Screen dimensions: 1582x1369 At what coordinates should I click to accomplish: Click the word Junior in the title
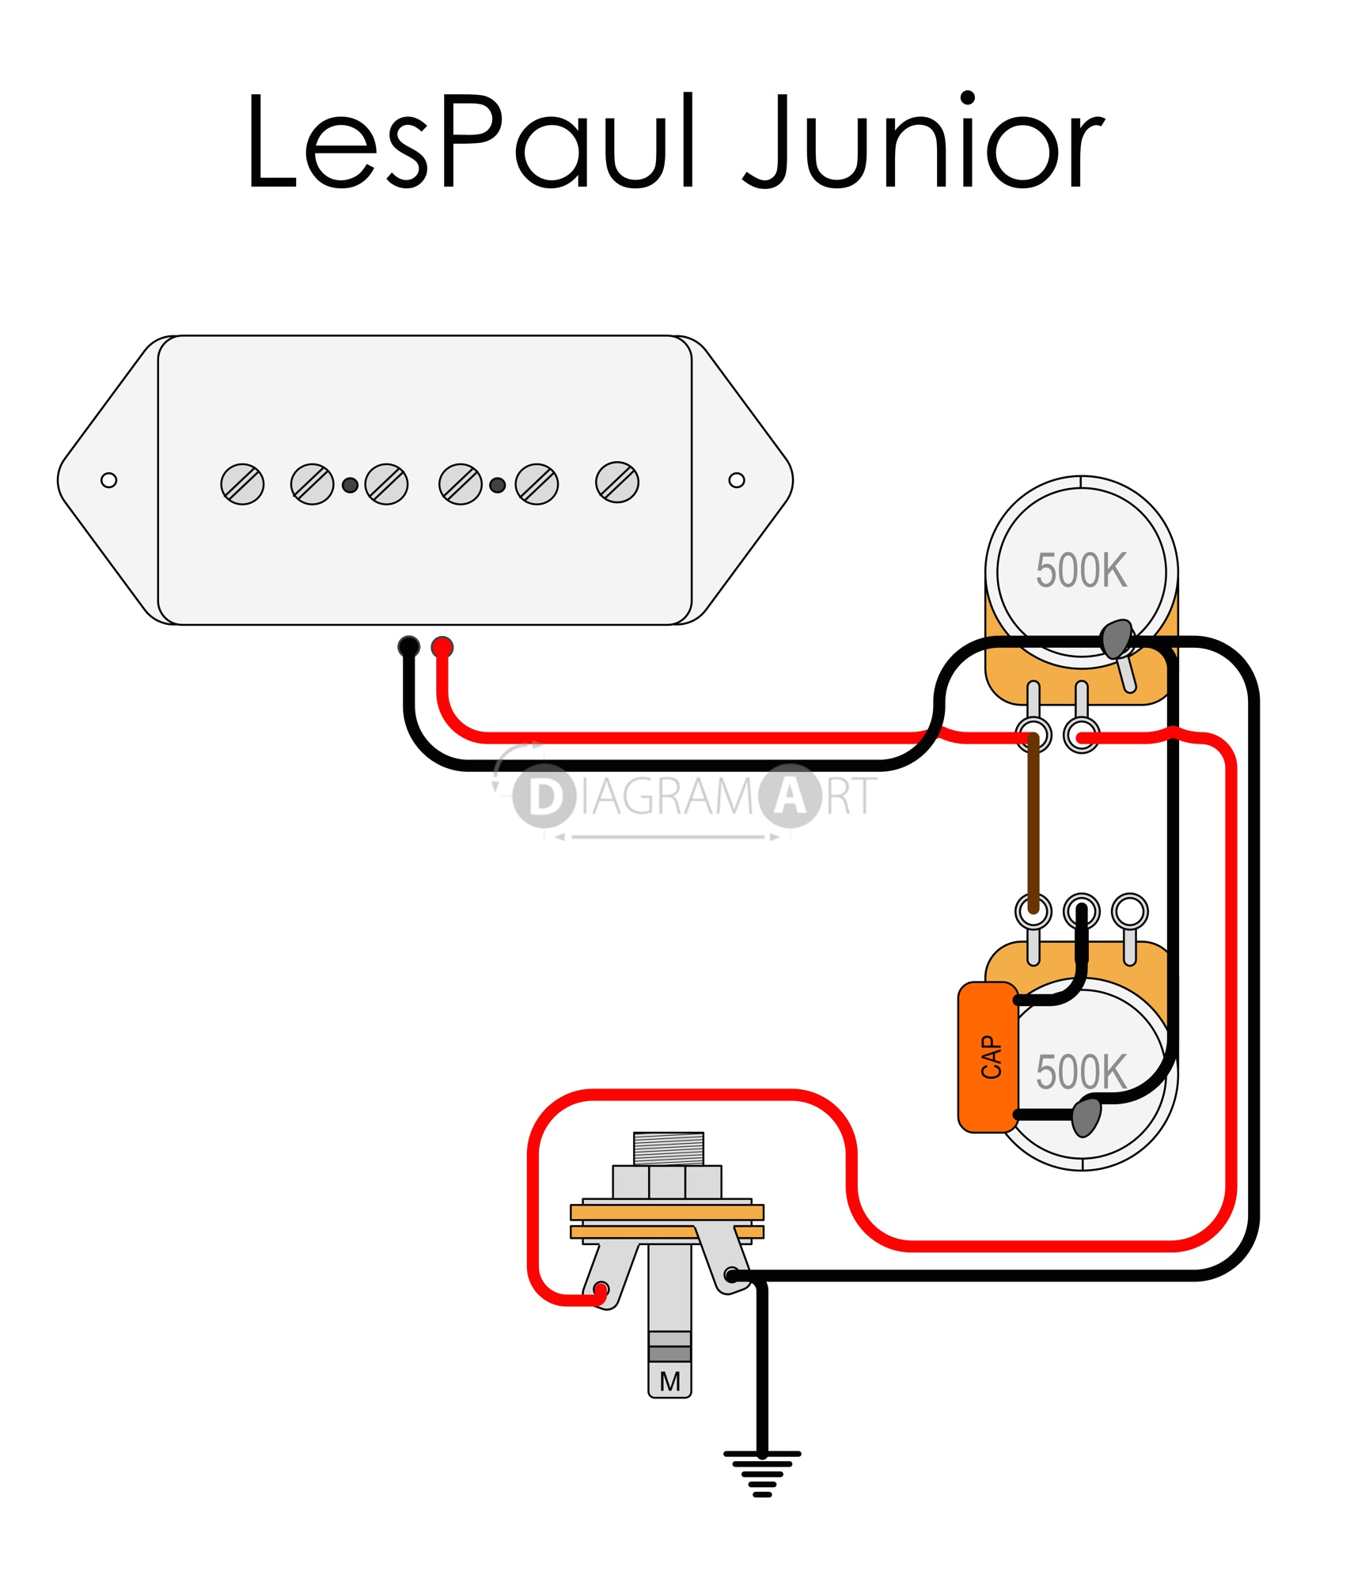coord(922,142)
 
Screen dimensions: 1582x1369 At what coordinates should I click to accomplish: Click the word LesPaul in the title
coord(471,142)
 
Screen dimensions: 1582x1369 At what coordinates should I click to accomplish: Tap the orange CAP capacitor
coord(988,1058)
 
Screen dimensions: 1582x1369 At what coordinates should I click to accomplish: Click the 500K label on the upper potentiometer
coord(1081,570)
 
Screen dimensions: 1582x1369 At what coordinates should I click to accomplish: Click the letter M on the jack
coord(669,1381)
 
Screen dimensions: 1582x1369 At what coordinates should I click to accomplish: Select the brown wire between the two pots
coord(1033,823)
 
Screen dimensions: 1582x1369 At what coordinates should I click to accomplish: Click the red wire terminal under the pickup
coord(442,647)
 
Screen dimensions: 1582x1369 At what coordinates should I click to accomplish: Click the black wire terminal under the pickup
coord(408,647)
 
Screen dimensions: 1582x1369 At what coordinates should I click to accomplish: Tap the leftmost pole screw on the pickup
coord(242,484)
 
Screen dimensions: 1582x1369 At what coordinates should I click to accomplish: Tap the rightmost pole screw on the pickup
coord(617,482)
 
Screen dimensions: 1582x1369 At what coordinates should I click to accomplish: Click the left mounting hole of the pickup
coord(109,480)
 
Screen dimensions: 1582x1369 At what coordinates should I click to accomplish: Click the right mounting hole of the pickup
coord(736,480)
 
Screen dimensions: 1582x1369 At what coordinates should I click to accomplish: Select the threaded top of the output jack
coord(669,1148)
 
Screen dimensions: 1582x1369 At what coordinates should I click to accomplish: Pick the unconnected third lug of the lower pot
coord(1129,910)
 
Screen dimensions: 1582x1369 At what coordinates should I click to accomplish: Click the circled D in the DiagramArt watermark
coord(544,797)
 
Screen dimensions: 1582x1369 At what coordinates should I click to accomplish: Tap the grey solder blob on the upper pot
coord(1117,638)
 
